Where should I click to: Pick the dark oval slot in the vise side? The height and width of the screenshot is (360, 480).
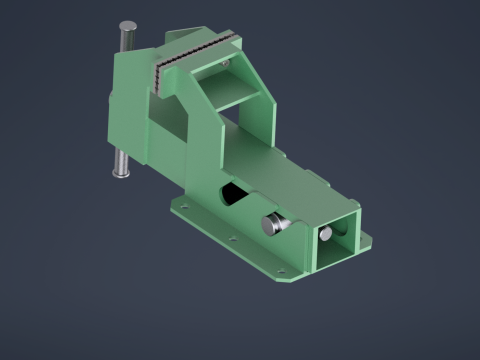click(231, 193)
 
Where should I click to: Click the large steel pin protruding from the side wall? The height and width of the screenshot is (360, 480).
click(273, 225)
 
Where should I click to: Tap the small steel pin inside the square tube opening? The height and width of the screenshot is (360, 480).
click(325, 234)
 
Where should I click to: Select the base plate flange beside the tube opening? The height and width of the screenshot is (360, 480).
click(364, 241)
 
